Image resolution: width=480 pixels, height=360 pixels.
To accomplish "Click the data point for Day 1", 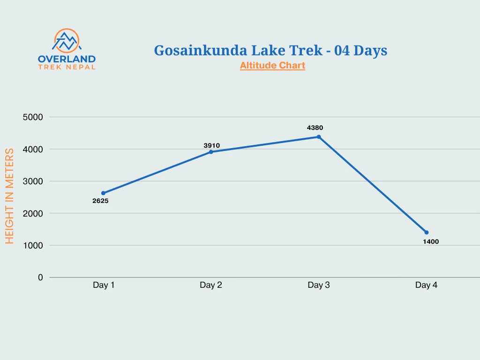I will point(103,193).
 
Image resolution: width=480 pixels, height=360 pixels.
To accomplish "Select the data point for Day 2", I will point(211,152).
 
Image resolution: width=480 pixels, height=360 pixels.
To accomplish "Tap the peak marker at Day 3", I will point(319,137).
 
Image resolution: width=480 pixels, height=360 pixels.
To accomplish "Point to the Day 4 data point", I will point(427,232).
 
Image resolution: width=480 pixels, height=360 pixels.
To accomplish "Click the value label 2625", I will point(100,201).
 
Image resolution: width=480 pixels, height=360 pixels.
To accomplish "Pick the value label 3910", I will point(211,146).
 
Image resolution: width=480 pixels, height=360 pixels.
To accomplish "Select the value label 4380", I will point(315,127).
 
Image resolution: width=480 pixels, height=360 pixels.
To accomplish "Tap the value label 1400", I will point(431,242).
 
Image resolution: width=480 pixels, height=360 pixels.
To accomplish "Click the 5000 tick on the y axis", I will point(33,117).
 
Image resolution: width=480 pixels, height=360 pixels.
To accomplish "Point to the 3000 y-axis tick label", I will point(33,181).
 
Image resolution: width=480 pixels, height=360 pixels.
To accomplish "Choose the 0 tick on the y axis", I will point(40,277).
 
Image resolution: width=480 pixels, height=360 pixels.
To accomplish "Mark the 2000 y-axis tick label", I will point(33,213).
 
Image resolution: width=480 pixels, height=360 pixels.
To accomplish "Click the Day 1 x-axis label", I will point(104,285).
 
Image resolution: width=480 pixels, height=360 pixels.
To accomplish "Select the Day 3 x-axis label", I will point(319,285).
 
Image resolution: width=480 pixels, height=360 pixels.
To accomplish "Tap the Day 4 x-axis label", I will point(426,285).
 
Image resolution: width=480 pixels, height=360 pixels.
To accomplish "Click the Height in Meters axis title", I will point(10,196).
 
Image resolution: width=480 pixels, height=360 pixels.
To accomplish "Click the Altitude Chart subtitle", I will point(272,66).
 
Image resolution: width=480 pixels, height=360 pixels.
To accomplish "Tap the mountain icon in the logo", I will point(67,41).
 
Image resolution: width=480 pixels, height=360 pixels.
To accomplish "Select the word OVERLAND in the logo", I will point(67,59).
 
